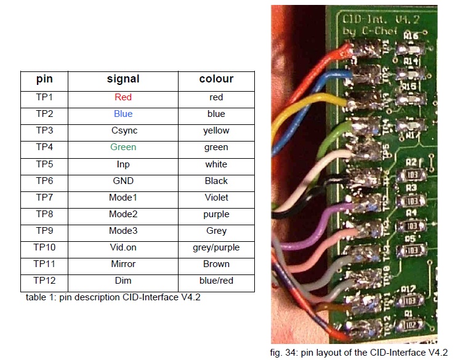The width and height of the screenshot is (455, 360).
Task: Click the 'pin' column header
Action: [x=44, y=79]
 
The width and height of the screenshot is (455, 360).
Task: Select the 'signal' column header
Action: [x=123, y=79]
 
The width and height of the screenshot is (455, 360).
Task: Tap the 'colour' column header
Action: [x=216, y=79]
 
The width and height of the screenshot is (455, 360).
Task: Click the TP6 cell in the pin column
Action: [x=44, y=181]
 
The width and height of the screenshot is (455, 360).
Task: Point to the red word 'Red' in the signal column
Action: [x=123, y=97]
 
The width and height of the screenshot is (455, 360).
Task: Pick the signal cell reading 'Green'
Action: [x=123, y=147]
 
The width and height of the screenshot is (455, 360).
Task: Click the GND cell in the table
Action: [x=123, y=181]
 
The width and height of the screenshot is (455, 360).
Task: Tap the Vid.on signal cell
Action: [x=123, y=247]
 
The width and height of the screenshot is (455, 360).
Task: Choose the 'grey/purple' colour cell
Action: [x=216, y=247]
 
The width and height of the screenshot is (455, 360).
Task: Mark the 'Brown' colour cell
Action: [x=216, y=264]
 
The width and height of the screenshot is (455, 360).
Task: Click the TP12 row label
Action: [x=44, y=281]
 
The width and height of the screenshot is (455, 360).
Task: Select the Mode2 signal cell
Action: [x=123, y=214]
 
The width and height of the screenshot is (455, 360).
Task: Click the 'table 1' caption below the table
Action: [x=113, y=298]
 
